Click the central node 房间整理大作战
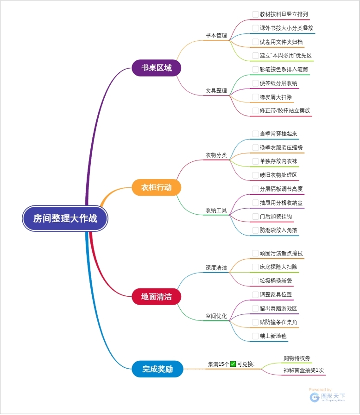pos(65,218)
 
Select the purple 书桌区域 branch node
pos(156,68)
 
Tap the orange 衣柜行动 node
pos(156,187)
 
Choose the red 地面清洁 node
pos(156,296)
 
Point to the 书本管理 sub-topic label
pos(216,35)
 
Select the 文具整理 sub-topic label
pos(216,90)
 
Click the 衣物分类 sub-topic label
pos(216,155)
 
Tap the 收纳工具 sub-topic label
pos(216,210)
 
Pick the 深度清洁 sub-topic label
pos(216,268)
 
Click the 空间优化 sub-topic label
pos(216,316)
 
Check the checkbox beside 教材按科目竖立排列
pos(255,14)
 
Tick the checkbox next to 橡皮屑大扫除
pos(255,97)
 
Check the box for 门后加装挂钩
pos(255,217)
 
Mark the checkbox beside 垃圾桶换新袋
pos(255,281)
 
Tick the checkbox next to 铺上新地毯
pos(255,336)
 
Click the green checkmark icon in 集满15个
pos(233,364)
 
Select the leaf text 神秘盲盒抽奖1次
pos(303,370)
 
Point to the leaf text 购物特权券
pos(297,358)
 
